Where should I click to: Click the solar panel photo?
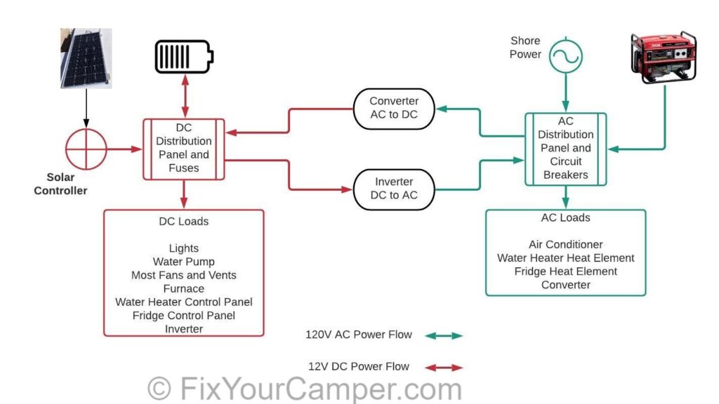(86, 58)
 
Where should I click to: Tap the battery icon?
(185, 57)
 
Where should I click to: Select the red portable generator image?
(664, 58)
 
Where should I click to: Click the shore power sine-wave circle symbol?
(566, 56)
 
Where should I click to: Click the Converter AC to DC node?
(394, 109)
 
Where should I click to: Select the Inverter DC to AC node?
(394, 189)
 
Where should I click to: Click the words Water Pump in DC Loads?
(184, 262)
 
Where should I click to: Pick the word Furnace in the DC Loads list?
(184, 288)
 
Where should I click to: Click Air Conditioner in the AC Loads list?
(566, 244)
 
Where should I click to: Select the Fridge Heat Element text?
(566, 271)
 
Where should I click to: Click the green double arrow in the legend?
(444, 336)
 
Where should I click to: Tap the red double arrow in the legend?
(444, 368)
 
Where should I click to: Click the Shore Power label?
(525, 47)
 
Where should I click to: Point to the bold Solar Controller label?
(60, 184)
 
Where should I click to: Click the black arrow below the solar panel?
(86, 108)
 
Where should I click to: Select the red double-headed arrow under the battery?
(185, 96)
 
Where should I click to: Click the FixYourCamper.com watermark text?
(305, 389)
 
